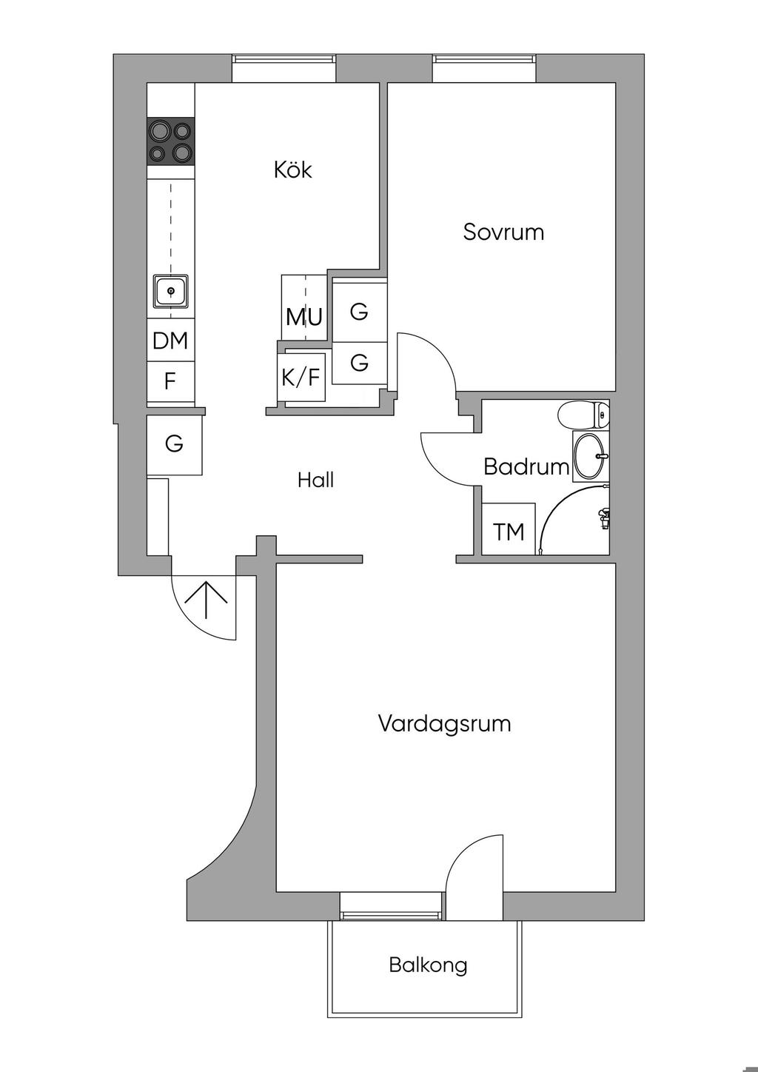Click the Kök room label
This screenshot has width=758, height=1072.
[x=293, y=170]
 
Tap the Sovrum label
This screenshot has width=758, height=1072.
[x=503, y=232]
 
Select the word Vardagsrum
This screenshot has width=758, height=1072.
[x=444, y=723]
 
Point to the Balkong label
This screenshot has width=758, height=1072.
[x=428, y=965]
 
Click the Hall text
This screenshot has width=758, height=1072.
[x=316, y=480]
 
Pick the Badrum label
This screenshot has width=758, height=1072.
[x=526, y=466]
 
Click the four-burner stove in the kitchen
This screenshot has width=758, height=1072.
[x=171, y=141]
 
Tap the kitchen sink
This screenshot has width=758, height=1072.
[x=171, y=291]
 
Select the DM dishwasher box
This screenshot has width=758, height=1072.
[x=170, y=341]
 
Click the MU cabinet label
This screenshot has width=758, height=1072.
[x=304, y=317]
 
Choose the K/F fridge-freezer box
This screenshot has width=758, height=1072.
[x=301, y=378]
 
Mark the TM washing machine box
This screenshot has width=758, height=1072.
[x=509, y=531]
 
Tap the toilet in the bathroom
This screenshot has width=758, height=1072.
[x=585, y=415]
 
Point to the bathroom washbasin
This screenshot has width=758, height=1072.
[x=591, y=455]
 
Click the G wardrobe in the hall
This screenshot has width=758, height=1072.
[x=174, y=444]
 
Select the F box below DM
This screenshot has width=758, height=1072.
[x=170, y=382]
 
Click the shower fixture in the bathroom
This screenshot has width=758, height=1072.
[x=604, y=517]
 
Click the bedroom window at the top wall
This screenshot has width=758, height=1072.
[x=483, y=69]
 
